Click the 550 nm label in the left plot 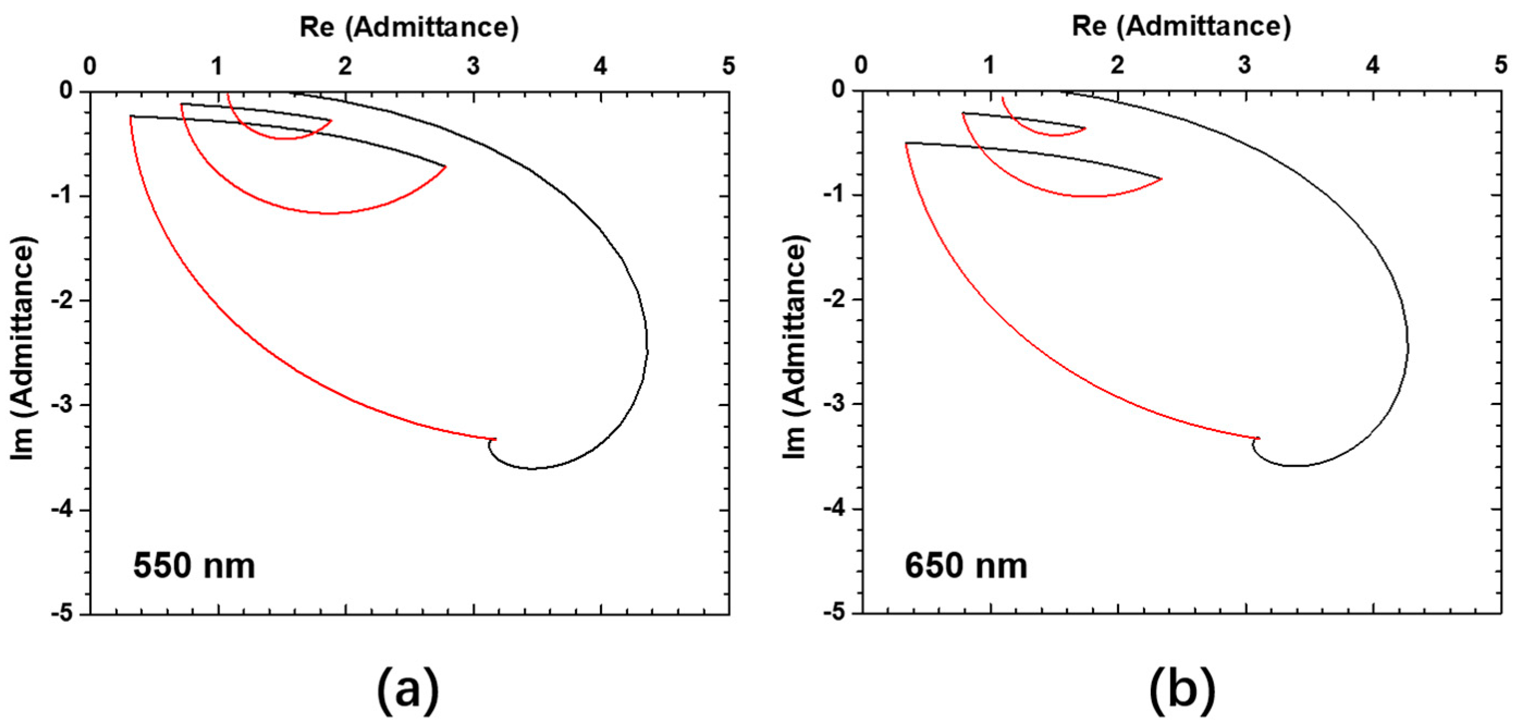[x=194, y=566]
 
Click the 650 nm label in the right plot [x=966, y=566]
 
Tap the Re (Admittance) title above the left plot [x=409, y=27]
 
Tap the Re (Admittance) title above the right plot [x=1181, y=27]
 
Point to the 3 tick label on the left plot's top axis [x=473, y=66]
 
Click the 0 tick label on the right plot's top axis [x=861, y=65]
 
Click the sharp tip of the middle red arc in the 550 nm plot [x=446, y=167]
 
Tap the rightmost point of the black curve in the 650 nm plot [x=1408, y=347]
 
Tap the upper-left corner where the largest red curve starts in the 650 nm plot [x=905, y=143]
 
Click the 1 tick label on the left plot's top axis [x=217, y=66]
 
